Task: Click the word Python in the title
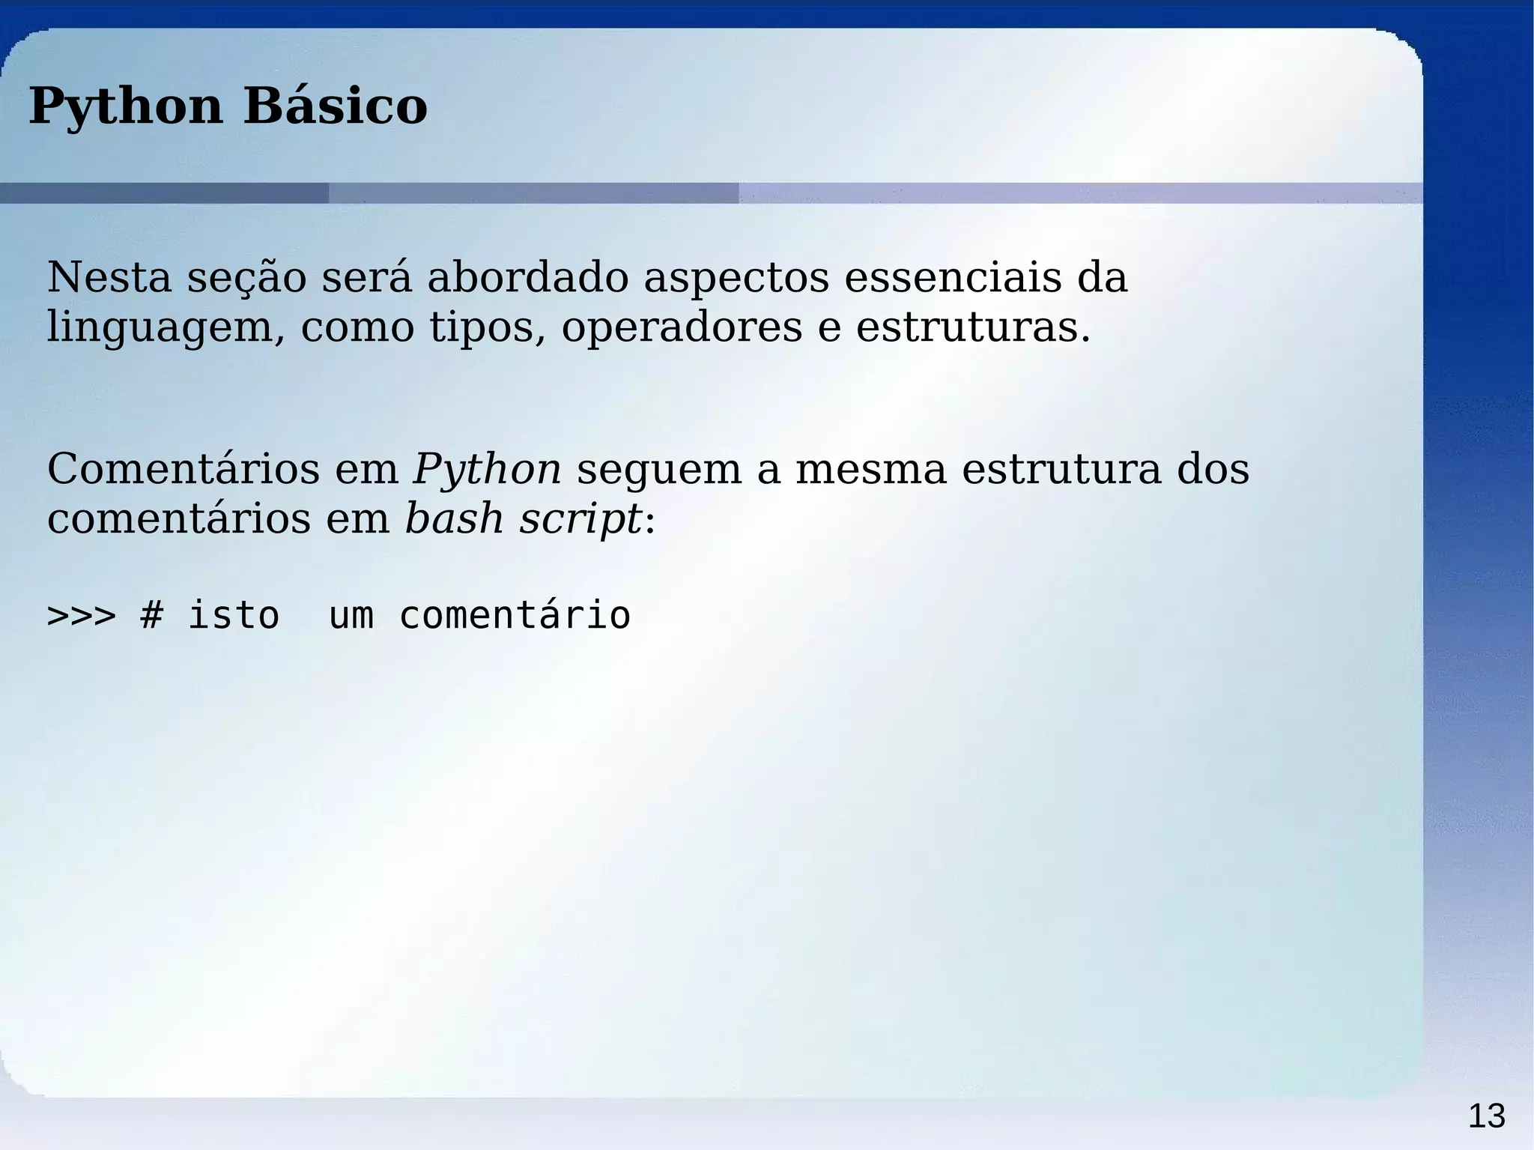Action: coord(126,106)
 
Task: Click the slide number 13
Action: coord(1486,1116)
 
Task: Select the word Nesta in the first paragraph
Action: coord(109,277)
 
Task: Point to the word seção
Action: coord(246,279)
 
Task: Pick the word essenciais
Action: coord(953,277)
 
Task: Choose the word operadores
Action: coord(682,328)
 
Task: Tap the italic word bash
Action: coord(453,519)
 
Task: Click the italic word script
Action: coord(580,519)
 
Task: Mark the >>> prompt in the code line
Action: coord(81,616)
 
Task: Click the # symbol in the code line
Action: coord(151,616)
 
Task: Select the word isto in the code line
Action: coord(233,616)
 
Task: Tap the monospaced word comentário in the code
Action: coord(515,616)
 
